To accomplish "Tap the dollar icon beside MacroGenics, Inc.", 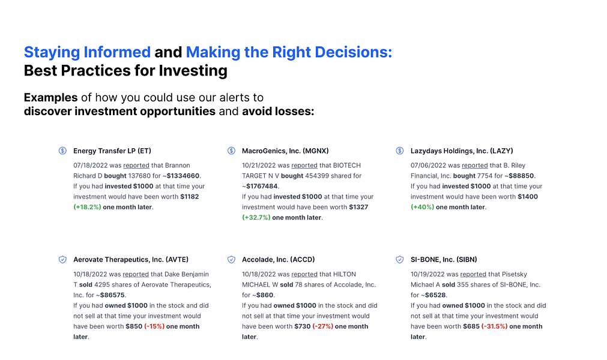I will click(231, 151).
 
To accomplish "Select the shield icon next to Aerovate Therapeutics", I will click(62, 259).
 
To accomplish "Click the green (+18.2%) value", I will click(86, 207).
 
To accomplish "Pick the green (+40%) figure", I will click(422, 207).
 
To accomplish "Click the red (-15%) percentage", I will click(154, 326).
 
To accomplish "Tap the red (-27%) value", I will click(323, 326).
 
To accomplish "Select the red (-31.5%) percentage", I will click(494, 326).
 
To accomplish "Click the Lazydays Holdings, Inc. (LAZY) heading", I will click(461, 151).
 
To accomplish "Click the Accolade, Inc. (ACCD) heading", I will click(278, 259).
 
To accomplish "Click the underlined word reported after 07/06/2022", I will click(474, 165).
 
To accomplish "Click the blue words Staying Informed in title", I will click(87, 52).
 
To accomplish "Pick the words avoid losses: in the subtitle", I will click(278, 112).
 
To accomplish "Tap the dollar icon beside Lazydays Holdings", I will click(399, 151).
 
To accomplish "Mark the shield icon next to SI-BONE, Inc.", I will click(399, 259).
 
